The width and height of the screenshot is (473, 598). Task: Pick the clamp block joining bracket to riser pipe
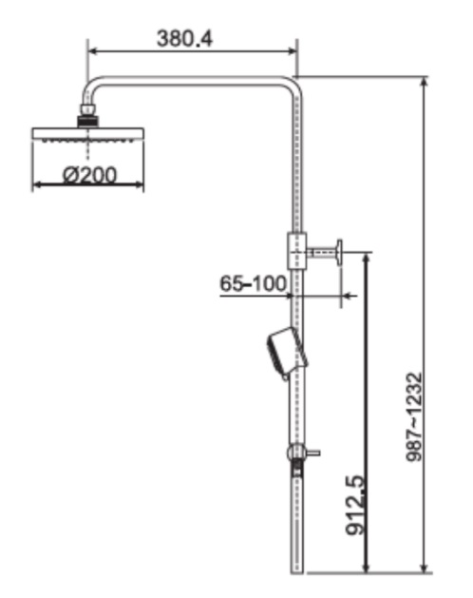[295, 252]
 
